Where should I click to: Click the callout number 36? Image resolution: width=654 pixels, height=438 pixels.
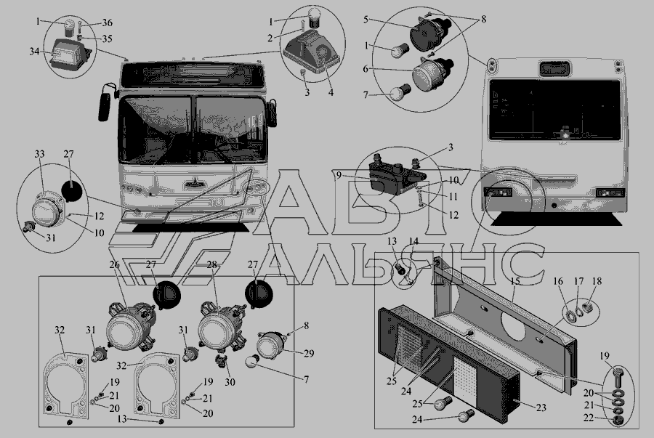click(107, 23)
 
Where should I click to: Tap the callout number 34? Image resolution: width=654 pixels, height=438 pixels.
click(34, 52)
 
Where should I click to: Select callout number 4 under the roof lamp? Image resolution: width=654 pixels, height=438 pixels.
click(331, 92)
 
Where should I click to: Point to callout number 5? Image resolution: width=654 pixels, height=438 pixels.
click(366, 20)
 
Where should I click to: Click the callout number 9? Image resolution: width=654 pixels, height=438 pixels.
click(339, 176)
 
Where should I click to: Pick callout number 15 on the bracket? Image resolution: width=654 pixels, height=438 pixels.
click(515, 281)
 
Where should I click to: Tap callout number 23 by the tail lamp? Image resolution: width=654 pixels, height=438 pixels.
click(541, 407)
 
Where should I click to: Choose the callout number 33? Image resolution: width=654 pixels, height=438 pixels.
click(39, 154)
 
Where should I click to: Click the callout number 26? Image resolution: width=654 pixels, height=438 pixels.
click(114, 264)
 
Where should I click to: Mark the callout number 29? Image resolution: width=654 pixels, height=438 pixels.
click(309, 354)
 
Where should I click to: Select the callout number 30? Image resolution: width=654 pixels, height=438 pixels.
click(230, 382)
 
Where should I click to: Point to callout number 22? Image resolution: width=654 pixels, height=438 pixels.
click(589, 418)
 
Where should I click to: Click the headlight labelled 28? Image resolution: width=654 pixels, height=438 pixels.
click(219, 326)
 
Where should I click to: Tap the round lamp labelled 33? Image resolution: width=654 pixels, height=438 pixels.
click(47, 208)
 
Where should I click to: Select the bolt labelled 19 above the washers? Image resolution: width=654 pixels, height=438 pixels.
click(618, 377)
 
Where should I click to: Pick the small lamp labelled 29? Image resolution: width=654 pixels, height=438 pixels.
click(272, 344)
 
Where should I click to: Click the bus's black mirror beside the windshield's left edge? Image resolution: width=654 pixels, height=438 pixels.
click(104, 107)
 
